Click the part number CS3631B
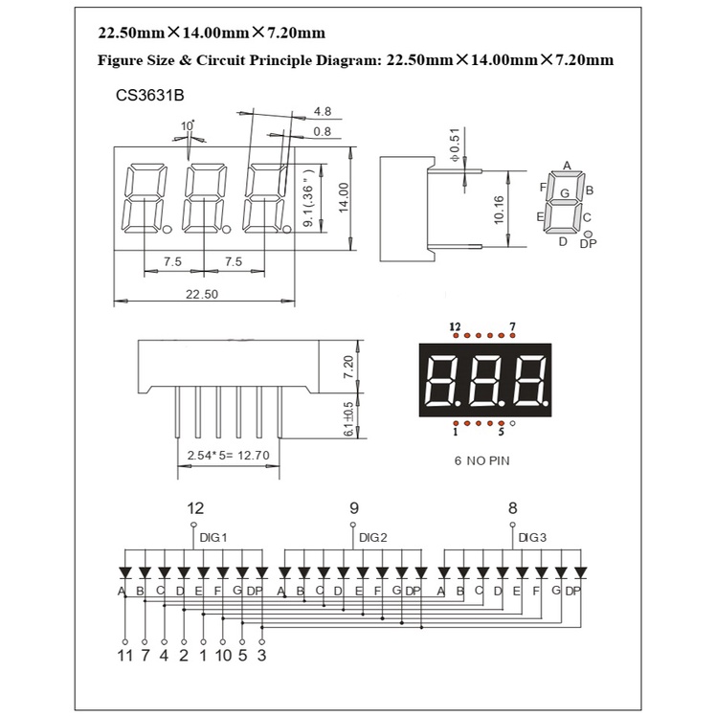(x=149, y=96)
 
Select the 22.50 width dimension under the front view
(x=202, y=294)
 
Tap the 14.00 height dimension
(x=344, y=197)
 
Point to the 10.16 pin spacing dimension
(x=499, y=210)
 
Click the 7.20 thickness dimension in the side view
(x=348, y=368)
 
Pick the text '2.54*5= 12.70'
(x=229, y=456)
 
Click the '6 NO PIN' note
(x=481, y=460)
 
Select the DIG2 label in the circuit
(x=373, y=537)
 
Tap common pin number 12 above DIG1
(x=195, y=508)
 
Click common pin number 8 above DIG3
(x=513, y=508)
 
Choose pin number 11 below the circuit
(x=124, y=656)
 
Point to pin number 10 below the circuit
(x=224, y=656)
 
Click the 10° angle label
(x=188, y=125)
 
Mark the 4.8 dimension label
(x=323, y=111)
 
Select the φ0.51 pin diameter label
(x=456, y=145)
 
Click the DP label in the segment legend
(x=588, y=244)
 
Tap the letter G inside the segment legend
(x=565, y=193)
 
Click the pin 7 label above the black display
(x=512, y=326)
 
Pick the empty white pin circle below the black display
(x=512, y=423)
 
